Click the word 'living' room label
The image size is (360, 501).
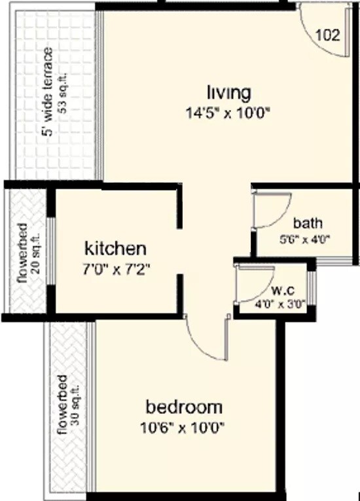[228, 90]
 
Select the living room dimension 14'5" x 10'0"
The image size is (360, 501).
[228, 112]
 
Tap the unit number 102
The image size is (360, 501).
[328, 35]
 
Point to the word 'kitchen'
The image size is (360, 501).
[115, 249]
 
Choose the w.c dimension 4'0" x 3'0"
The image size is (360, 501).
[281, 304]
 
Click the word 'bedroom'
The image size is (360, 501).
[185, 407]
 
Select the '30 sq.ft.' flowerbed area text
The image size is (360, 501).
[75, 406]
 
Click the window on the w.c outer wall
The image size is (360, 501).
[312, 288]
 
